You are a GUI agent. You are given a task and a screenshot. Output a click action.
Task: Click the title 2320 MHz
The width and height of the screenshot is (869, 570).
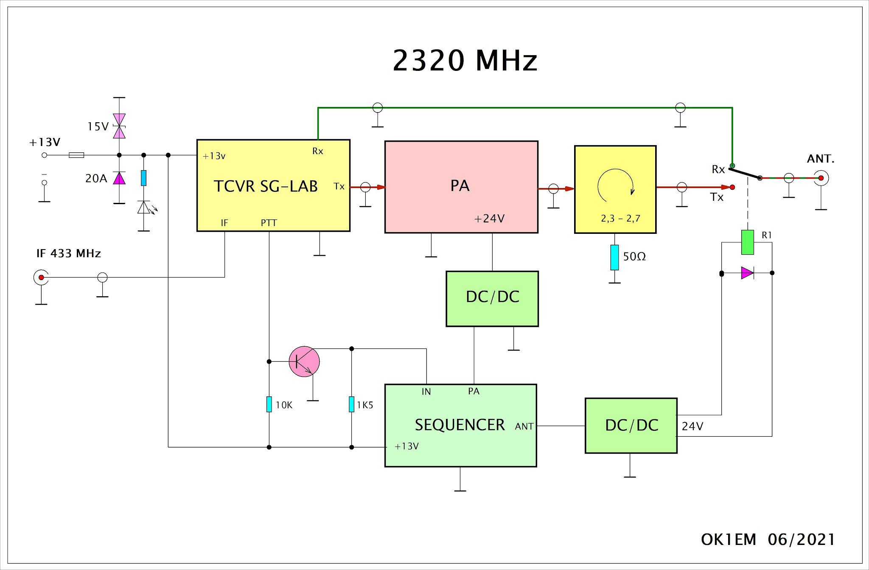tap(465, 60)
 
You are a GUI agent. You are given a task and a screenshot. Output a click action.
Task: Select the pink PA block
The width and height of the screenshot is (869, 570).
tap(461, 187)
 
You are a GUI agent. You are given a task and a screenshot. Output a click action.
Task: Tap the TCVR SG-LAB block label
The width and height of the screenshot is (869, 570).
tap(266, 186)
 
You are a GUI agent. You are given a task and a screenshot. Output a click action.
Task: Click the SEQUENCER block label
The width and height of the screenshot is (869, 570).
tap(460, 425)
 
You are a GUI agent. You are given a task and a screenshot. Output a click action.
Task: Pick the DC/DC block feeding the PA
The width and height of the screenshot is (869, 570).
tap(492, 298)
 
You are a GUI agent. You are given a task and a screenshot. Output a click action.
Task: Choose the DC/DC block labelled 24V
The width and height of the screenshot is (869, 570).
tap(631, 425)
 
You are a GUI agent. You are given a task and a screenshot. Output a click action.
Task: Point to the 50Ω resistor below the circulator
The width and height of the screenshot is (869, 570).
tap(614, 257)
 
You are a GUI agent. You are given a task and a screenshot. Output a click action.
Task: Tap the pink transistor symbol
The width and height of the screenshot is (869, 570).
tap(304, 361)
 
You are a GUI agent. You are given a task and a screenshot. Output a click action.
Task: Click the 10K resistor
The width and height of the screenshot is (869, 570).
tap(269, 404)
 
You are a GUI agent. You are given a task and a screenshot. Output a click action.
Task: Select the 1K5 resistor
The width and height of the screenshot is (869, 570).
tap(351, 404)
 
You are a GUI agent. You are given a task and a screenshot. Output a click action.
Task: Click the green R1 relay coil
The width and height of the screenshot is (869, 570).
tap(747, 242)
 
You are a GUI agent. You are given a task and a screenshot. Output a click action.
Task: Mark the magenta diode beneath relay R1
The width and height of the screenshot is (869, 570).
tap(747, 273)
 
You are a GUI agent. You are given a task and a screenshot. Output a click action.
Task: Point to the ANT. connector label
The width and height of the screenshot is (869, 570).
tap(821, 159)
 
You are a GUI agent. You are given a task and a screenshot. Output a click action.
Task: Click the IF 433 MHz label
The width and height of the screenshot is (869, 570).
tap(69, 253)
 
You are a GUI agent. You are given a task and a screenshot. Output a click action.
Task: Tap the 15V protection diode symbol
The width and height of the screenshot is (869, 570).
tap(119, 126)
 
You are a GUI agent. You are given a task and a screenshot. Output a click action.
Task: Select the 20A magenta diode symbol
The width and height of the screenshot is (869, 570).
tap(119, 178)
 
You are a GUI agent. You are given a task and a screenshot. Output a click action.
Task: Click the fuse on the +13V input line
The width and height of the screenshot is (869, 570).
tap(76, 155)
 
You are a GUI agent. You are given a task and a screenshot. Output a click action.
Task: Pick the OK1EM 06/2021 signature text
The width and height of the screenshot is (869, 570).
tap(768, 539)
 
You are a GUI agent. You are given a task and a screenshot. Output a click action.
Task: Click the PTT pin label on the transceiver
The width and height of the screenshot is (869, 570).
tap(269, 223)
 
